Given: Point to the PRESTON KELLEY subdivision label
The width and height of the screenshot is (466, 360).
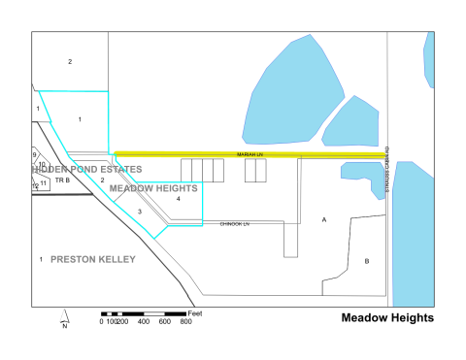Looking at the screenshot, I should [x=93, y=260].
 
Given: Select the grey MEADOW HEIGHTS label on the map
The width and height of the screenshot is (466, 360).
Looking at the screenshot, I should [x=155, y=187].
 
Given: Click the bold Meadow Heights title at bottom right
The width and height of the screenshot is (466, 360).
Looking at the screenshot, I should [x=387, y=318].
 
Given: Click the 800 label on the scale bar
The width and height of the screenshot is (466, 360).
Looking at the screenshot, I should [x=185, y=321].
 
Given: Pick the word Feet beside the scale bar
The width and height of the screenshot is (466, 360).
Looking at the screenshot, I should [x=195, y=312].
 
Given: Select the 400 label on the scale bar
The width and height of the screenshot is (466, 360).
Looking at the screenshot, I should [x=143, y=321].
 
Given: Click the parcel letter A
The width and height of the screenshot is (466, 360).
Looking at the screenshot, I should [x=324, y=220].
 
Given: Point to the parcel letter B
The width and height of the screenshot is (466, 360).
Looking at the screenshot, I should [x=366, y=261].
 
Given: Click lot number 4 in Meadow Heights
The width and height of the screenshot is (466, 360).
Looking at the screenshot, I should [x=179, y=199].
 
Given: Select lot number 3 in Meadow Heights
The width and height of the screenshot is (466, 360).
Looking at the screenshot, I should [x=139, y=211].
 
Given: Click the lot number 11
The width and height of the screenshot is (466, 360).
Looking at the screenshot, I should [x=44, y=182].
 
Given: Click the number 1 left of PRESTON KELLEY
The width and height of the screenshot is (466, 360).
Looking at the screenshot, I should [x=40, y=260].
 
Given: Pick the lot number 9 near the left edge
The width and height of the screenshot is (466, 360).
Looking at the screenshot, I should [x=35, y=155].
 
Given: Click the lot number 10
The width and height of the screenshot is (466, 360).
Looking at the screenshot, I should [x=42, y=165].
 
